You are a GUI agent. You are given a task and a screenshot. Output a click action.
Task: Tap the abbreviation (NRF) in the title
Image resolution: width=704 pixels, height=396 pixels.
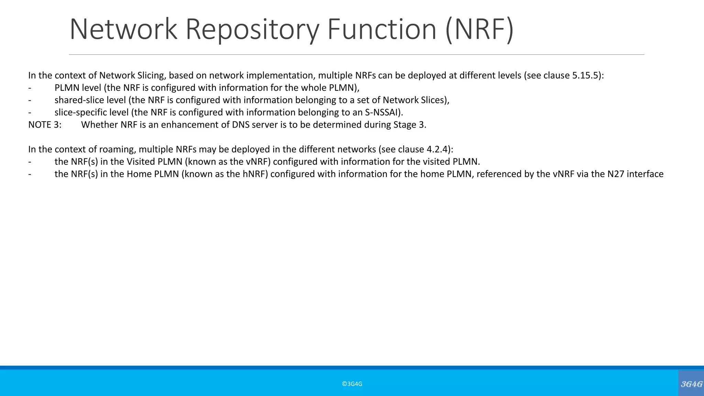479,29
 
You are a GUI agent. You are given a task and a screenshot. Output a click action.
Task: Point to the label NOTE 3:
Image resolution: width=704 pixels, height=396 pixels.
45,125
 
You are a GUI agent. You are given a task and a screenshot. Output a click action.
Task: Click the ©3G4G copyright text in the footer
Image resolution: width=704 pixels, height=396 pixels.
352,384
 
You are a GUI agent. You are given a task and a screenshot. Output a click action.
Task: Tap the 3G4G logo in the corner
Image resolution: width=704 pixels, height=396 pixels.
691,384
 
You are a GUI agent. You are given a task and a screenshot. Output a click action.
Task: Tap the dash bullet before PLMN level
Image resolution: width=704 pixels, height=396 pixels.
30,88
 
